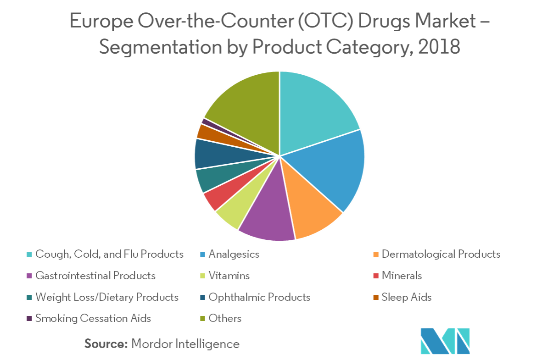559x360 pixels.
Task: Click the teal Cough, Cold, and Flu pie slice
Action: pos(312,110)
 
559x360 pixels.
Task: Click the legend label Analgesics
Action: pos(234,254)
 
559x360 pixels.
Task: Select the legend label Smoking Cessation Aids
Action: pos(93,318)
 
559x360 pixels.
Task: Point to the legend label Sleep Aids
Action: pos(407,297)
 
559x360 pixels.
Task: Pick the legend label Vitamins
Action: pos(229,276)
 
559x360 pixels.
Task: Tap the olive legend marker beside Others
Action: pos(202,319)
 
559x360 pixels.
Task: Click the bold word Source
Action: pos(106,344)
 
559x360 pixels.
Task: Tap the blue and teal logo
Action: pos(445,341)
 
